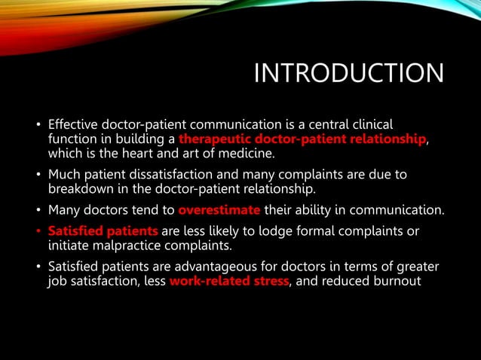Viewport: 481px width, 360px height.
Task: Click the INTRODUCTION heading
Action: point(348,74)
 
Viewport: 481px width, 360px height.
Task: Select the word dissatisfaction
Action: point(169,175)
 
